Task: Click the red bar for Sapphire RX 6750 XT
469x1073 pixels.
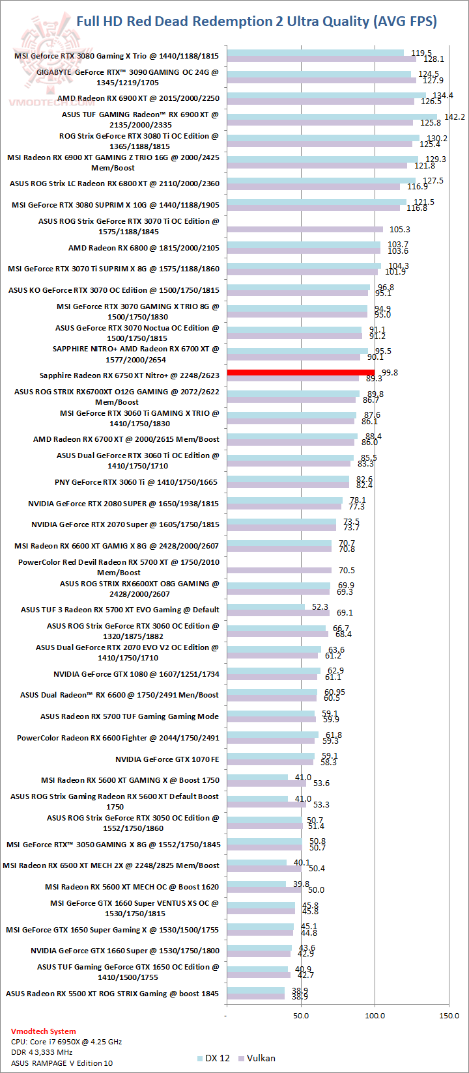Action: [x=300, y=372]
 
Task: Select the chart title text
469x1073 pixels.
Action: [x=257, y=21]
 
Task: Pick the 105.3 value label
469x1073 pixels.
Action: [x=399, y=230]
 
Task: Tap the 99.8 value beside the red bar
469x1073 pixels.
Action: [x=390, y=372]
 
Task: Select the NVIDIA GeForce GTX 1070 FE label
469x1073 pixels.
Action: [x=167, y=759]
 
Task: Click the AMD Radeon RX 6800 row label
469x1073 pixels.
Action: [x=144, y=248]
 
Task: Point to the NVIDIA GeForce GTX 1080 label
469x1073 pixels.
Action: [x=136, y=674]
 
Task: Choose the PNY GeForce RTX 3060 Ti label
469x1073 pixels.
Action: [x=136, y=482]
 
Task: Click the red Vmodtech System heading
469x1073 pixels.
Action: [x=43, y=1031]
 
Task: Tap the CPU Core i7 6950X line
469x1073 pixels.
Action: [x=66, y=1041]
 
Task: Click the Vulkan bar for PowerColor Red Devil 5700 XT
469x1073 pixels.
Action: [x=279, y=571]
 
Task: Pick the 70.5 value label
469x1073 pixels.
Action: [x=347, y=571]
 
